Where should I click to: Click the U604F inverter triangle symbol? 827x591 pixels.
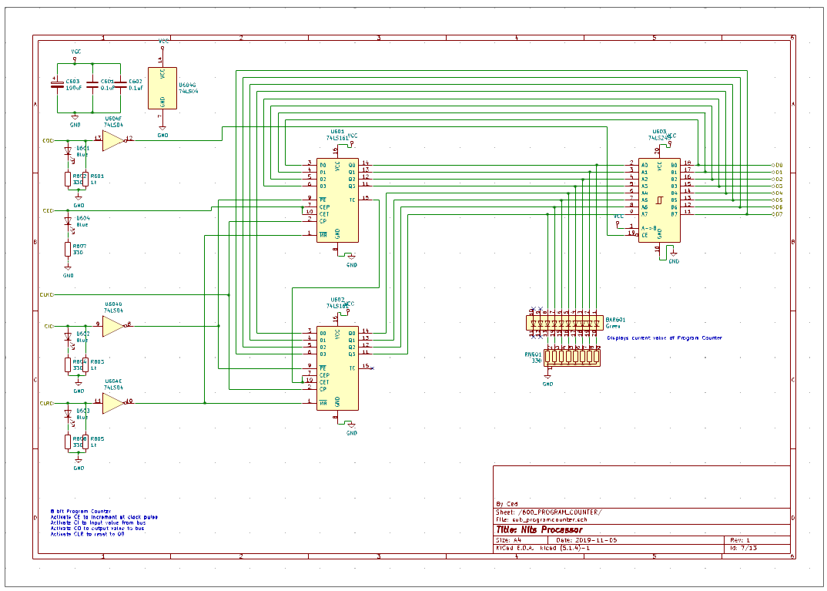tap(112, 140)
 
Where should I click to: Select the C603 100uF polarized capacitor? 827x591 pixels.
tap(56, 85)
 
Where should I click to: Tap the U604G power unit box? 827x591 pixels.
tap(162, 87)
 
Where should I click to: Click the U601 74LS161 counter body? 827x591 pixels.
tap(337, 199)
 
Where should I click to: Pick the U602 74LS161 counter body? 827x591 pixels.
tap(337, 367)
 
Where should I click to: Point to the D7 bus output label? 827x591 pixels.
tap(777, 214)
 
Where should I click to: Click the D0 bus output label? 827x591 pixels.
tap(777, 165)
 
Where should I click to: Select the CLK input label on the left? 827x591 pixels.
tap(46, 294)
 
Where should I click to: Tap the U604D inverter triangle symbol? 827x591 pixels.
tap(112, 326)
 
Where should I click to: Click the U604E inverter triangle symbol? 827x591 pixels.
tap(112, 402)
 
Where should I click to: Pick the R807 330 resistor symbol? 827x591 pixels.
tap(69, 249)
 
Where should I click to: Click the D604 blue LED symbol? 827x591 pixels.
tap(68, 221)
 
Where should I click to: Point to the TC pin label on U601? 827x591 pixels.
tap(352, 200)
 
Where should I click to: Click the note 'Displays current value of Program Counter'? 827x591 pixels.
tap(664, 338)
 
